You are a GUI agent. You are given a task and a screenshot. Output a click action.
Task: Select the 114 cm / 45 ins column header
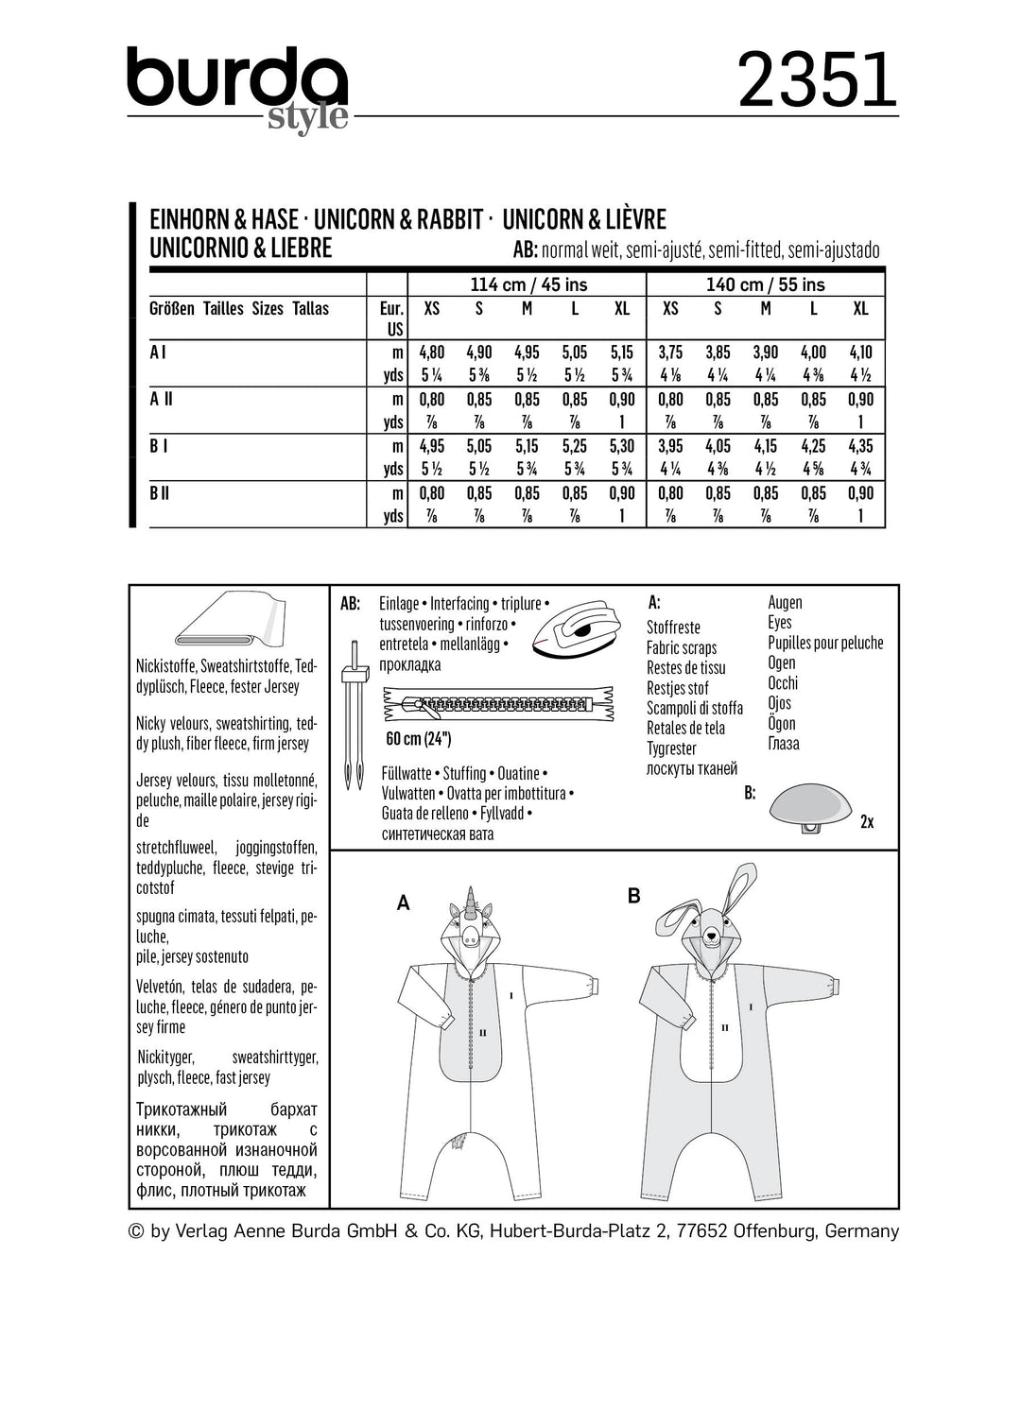[x=528, y=284]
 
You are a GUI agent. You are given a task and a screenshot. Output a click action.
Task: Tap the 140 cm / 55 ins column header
[x=766, y=284]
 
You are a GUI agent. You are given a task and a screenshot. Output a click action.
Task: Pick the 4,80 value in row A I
[x=431, y=352]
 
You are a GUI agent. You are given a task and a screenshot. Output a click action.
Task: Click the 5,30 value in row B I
[x=622, y=446]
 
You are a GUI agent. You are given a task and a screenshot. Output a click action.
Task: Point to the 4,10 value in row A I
[x=860, y=352]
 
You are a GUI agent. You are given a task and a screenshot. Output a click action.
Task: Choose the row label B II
[x=160, y=492]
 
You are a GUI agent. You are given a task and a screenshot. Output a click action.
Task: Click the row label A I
[x=158, y=352]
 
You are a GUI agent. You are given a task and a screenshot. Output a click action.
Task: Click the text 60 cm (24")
[x=419, y=739]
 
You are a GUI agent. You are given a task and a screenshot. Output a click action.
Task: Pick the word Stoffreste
[x=673, y=628]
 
